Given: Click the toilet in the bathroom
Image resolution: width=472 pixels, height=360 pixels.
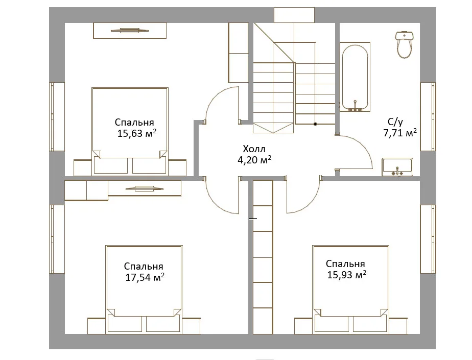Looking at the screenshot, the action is (x=404, y=44).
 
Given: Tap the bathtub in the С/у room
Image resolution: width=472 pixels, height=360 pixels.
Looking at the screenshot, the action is (x=355, y=77).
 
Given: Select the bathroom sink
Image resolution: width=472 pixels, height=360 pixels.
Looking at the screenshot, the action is (x=397, y=167).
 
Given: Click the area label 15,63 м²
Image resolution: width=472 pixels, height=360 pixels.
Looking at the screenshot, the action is (x=137, y=133).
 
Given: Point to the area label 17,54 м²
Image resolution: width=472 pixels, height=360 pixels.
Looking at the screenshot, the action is (x=145, y=277).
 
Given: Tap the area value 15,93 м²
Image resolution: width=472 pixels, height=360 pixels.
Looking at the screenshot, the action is (x=347, y=275).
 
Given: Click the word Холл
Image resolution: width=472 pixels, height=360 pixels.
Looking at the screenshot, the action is (x=254, y=149).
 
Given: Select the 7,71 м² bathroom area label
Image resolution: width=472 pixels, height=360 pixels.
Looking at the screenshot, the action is (x=400, y=133).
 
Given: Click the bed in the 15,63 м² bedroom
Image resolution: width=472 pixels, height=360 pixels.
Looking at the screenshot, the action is (x=130, y=131).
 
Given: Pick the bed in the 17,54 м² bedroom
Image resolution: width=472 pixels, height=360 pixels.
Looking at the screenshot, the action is (x=144, y=289).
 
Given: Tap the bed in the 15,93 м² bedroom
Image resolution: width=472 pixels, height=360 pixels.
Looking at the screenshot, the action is (x=351, y=289).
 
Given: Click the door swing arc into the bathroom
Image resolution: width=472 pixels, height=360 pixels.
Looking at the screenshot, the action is (x=364, y=145).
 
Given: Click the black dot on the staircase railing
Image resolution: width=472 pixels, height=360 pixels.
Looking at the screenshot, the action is (x=315, y=124).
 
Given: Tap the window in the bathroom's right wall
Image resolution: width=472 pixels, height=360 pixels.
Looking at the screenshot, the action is (x=428, y=116).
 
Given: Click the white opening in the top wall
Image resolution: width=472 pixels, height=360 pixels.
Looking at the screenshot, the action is (x=294, y=15).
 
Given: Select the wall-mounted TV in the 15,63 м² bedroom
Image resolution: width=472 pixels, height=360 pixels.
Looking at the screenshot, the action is (x=130, y=30).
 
